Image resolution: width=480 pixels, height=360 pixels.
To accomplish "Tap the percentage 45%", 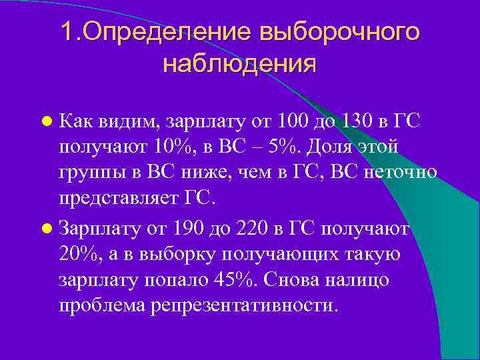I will pyautogui.click(x=236, y=280).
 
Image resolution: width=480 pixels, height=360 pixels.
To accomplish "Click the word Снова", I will pyautogui.click(x=290, y=280).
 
